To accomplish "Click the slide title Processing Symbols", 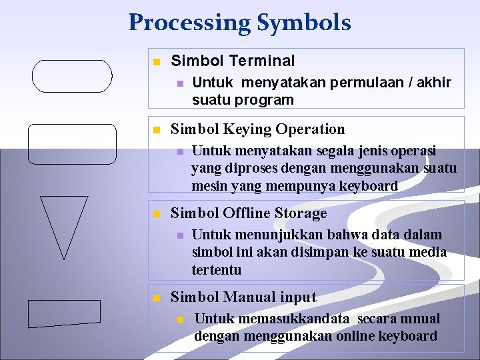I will pyautogui.click(x=239, y=23).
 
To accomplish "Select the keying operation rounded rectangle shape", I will pyautogui.click(x=72, y=144).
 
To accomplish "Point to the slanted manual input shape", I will pyautogui.click(x=65, y=313).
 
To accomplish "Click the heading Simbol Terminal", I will pyautogui.click(x=233, y=61).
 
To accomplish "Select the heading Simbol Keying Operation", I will pyautogui.click(x=258, y=129).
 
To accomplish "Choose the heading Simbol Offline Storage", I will pyautogui.click(x=249, y=213).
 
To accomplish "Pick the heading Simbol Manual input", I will pyautogui.click(x=243, y=297).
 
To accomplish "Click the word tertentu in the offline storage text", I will pyautogui.click(x=217, y=269).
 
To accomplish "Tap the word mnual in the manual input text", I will pyautogui.click(x=421, y=319).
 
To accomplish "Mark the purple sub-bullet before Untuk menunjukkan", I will pyautogui.click(x=179, y=235).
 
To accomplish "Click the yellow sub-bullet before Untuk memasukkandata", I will pyautogui.click(x=179, y=319).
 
